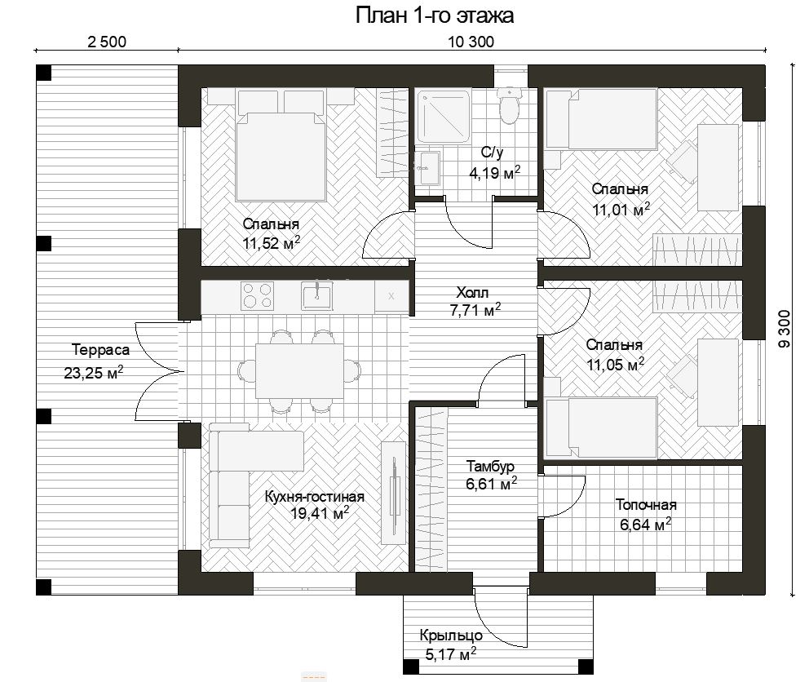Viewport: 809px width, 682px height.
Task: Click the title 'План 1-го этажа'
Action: click(x=435, y=15)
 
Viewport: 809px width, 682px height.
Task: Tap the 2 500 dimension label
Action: click(x=107, y=42)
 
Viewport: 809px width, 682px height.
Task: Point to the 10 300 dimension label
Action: click(x=471, y=42)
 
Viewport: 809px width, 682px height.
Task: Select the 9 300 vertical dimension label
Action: click(x=785, y=329)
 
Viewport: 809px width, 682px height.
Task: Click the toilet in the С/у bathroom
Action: click(x=509, y=106)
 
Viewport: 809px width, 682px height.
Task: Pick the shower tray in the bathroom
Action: click(x=444, y=117)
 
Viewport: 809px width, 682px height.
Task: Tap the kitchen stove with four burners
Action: click(x=257, y=296)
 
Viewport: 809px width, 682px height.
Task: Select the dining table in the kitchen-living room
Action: click(x=300, y=370)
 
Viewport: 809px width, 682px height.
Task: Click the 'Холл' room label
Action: click(x=472, y=293)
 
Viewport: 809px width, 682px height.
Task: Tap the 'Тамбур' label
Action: click(x=490, y=466)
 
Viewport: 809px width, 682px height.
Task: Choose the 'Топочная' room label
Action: click(x=646, y=504)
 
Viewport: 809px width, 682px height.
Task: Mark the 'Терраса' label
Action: click(x=100, y=350)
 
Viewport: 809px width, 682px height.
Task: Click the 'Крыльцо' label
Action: click(x=451, y=635)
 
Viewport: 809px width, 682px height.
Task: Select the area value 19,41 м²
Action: click(x=320, y=513)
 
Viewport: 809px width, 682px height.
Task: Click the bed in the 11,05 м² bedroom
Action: click(x=601, y=427)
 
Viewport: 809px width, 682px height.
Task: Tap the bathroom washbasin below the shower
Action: click(x=427, y=168)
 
